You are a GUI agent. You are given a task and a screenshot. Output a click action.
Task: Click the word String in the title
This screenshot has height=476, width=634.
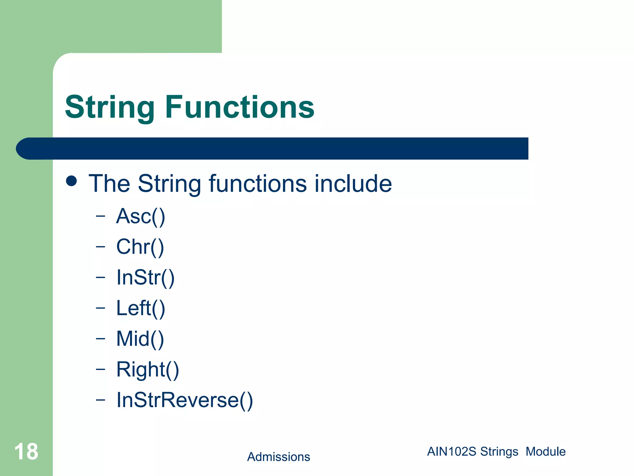click(x=110, y=108)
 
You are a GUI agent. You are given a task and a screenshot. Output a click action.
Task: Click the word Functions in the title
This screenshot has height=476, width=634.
click(x=240, y=107)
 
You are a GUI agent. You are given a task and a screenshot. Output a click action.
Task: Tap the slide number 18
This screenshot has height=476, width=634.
click(x=26, y=452)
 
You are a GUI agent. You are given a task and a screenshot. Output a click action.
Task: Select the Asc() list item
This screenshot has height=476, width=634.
click(x=141, y=216)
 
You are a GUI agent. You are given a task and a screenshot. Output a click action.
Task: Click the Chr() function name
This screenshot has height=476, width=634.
click(x=140, y=247)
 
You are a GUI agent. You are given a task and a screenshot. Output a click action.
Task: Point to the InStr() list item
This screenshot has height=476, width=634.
click(x=145, y=277)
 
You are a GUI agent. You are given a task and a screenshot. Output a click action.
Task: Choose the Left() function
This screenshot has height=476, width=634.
click(x=141, y=308)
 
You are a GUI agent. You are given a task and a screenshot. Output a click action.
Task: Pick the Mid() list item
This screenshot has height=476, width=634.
click(x=140, y=338)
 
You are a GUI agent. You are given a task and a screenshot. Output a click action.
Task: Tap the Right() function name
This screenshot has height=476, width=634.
click(x=147, y=369)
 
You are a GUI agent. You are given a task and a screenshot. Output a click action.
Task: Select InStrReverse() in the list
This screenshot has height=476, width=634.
click(x=185, y=400)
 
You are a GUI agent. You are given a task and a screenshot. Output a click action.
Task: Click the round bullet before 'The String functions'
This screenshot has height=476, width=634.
click(x=72, y=181)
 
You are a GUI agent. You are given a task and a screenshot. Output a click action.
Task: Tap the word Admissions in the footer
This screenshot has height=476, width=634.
click(x=278, y=457)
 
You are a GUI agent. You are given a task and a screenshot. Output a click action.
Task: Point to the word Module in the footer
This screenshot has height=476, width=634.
click(x=545, y=452)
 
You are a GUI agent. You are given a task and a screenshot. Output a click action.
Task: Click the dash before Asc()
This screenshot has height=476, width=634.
click(x=100, y=216)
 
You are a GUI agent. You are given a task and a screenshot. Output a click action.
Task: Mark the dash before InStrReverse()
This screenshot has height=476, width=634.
click(x=100, y=400)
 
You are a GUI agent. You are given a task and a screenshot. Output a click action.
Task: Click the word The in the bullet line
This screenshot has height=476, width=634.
click(x=109, y=183)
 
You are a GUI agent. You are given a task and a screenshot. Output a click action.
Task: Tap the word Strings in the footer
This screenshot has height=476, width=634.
click(x=499, y=452)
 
